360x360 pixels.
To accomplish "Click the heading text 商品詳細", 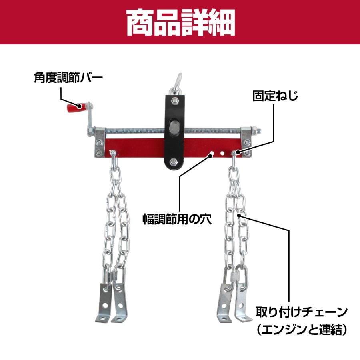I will [x=180, y=22].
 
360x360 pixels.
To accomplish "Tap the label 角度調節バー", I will [x=68, y=77].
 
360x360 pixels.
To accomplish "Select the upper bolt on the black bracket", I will [x=175, y=100].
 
